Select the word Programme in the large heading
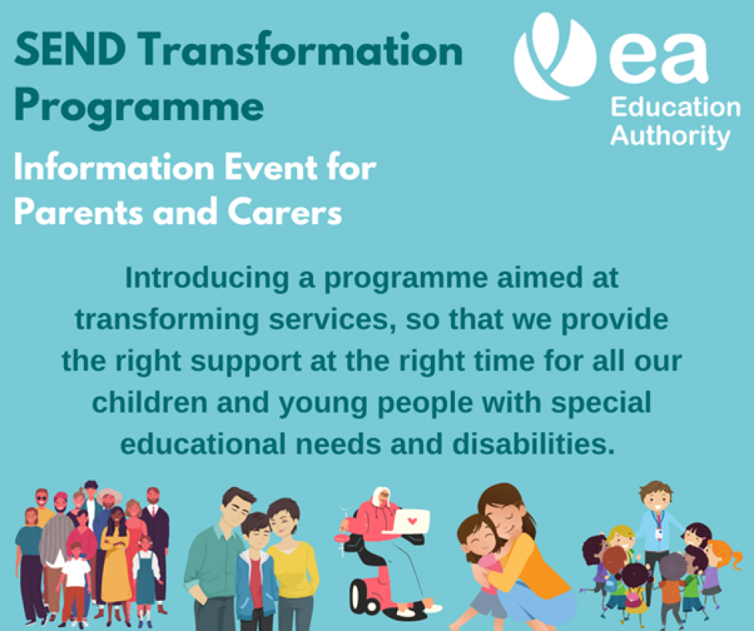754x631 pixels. click(139, 107)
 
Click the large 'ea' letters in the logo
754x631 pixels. click(658, 60)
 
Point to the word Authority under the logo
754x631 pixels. click(669, 136)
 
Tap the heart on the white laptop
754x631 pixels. click(412, 520)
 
